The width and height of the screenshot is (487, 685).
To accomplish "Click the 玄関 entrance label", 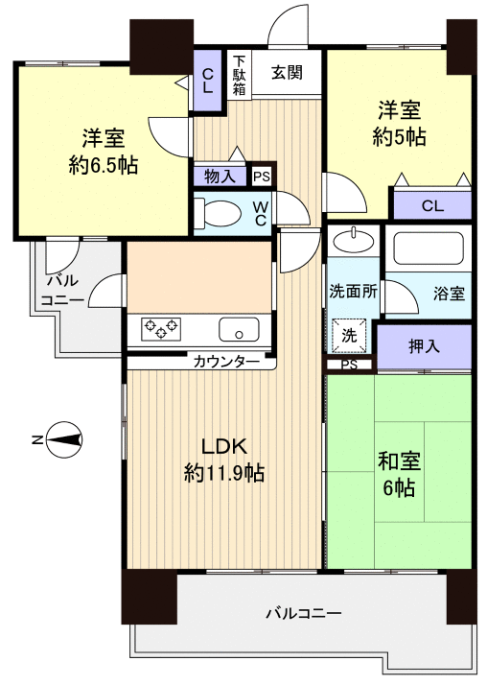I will pyautogui.click(x=287, y=72).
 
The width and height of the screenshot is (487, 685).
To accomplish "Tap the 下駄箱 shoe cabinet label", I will pyautogui.click(x=239, y=74).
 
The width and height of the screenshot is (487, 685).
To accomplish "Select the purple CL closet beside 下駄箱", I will pyautogui.click(x=208, y=74).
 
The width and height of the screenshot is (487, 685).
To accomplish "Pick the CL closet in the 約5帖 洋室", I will pyautogui.click(x=432, y=204).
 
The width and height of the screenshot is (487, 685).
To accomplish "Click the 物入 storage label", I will pyautogui.click(x=220, y=176).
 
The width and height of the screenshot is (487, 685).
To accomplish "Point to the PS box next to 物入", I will pyautogui.click(x=261, y=177).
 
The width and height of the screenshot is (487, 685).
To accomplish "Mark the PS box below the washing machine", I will pyautogui.click(x=348, y=365).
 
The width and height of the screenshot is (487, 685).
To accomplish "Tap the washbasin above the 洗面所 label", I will pyautogui.click(x=354, y=239).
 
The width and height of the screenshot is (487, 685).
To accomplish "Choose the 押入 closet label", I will pyautogui.click(x=424, y=346).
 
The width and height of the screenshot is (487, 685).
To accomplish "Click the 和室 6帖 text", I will pyautogui.click(x=397, y=472).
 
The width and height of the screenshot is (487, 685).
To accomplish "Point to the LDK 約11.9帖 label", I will pyautogui.click(x=224, y=460).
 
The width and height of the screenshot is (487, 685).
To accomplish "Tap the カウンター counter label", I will pyautogui.click(x=226, y=362).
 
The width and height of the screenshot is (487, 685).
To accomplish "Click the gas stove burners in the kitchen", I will pyautogui.click(x=161, y=328).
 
